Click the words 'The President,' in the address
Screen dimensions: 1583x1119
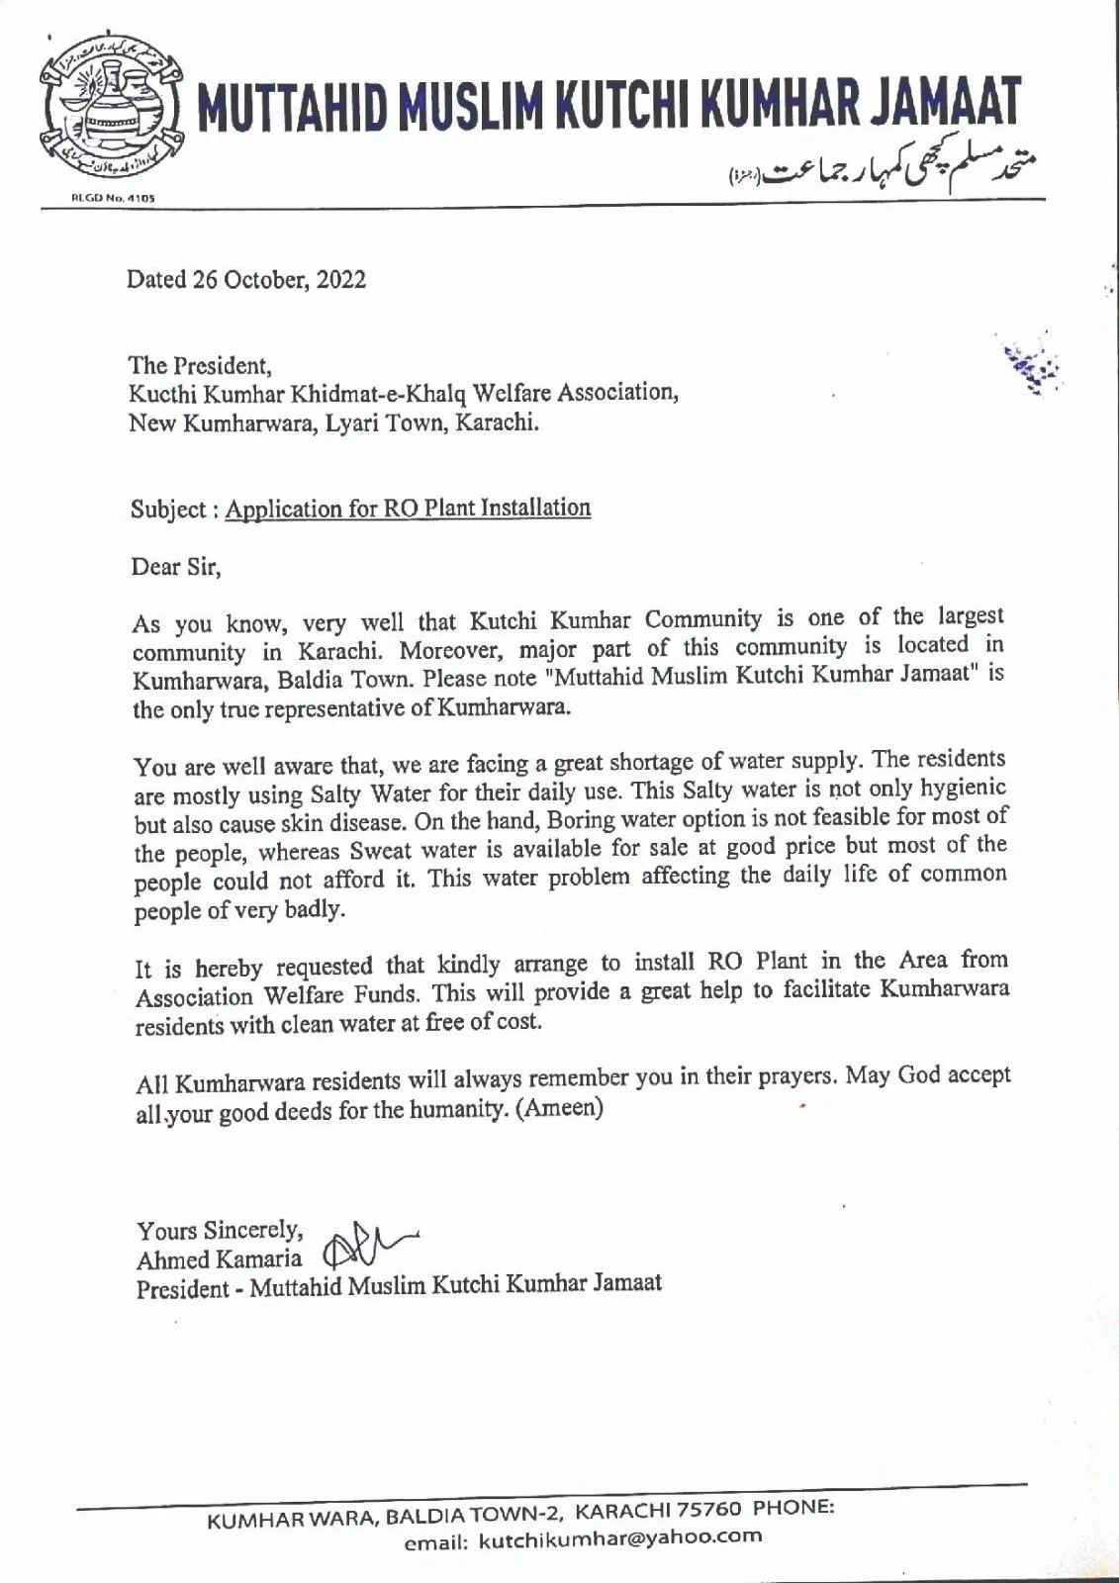pos(200,364)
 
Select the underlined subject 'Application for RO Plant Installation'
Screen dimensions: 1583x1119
pos(408,509)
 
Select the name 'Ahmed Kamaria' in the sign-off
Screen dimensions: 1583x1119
pos(220,1259)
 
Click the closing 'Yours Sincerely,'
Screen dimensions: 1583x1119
pos(219,1231)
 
